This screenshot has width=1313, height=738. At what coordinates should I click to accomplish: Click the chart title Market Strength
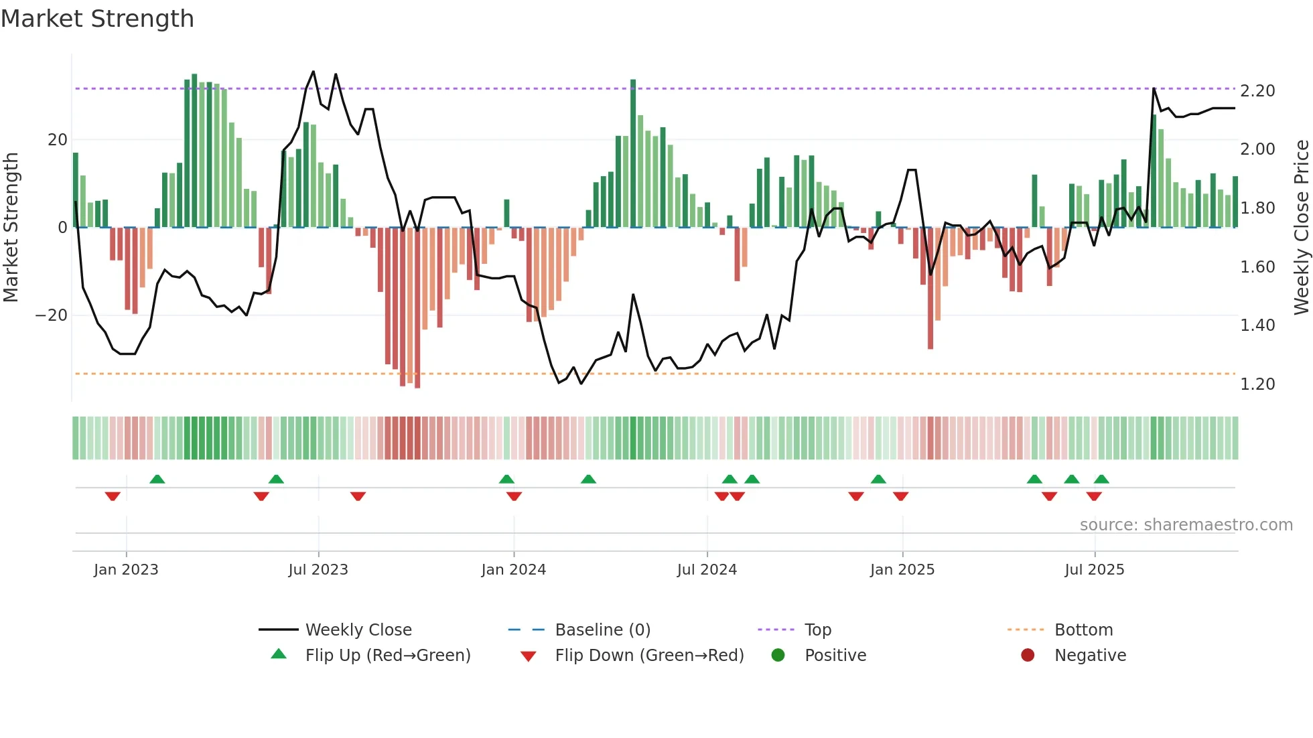tap(97, 19)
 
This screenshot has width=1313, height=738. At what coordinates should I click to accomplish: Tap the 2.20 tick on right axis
tap(1257, 91)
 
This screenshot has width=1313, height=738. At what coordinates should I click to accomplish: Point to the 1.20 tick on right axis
tap(1257, 384)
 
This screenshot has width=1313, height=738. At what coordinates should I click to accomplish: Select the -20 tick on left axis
tap(52, 315)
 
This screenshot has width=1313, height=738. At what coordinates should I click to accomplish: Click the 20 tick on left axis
tap(58, 140)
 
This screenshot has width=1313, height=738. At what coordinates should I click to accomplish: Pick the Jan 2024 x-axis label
tap(513, 570)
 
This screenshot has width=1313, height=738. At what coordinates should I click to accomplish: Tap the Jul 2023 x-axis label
tap(318, 570)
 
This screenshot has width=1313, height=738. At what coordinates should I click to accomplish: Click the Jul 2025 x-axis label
tap(1094, 570)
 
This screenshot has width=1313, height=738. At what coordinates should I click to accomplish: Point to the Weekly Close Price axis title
tap(1301, 227)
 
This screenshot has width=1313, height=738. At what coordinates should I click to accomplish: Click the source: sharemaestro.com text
tap(1186, 525)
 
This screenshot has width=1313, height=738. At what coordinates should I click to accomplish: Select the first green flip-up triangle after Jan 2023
tap(157, 479)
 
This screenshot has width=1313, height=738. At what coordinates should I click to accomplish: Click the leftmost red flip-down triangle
tap(113, 496)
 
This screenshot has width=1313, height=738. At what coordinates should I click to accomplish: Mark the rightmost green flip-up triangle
tap(1101, 479)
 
